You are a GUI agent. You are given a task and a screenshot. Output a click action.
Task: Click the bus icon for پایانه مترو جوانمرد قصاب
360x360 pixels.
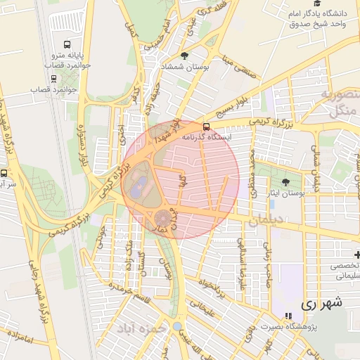[x=67, y=44]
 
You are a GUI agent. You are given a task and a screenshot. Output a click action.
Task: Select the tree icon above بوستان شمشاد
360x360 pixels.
[x=185, y=56]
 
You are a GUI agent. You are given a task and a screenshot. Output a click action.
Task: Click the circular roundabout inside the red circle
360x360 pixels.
[x=162, y=218]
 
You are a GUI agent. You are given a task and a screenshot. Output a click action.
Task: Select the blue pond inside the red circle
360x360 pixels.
[x=139, y=186]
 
